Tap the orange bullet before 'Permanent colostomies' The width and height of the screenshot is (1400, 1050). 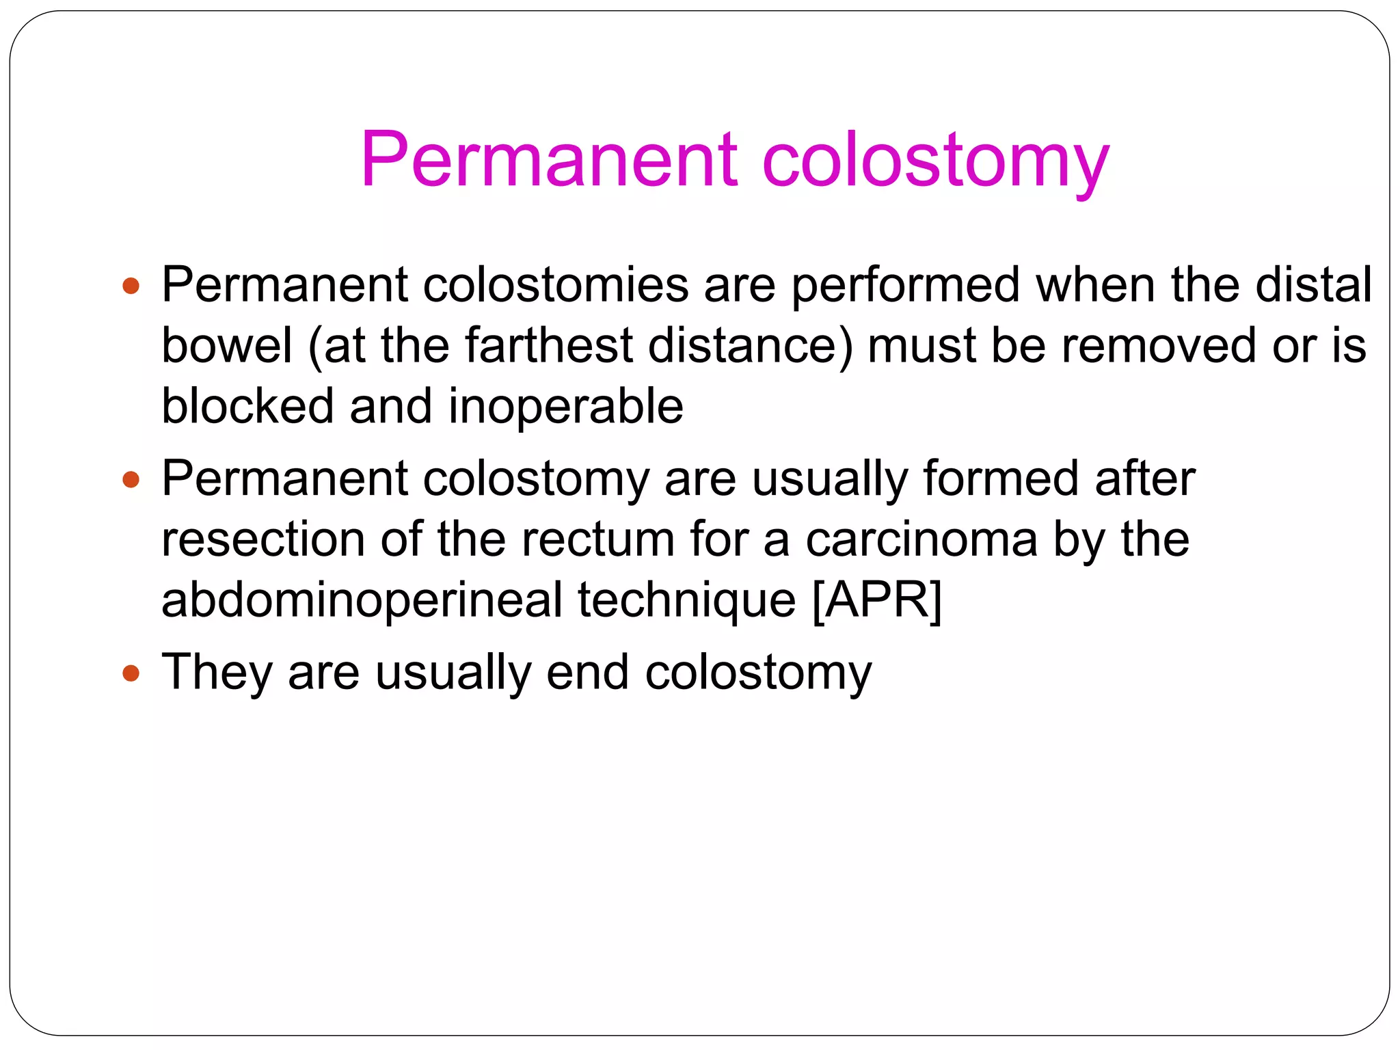click(x=131, y=286)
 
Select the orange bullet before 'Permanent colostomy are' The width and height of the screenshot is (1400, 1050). click(x=131, y=479)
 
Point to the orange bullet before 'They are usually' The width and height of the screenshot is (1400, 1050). click(x=131, y=673)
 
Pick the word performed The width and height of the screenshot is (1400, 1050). click(x=905, y=286)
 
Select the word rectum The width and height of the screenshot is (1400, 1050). click(x=598, y=539)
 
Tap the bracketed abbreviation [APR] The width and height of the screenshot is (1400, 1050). click(x=877, y=600)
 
